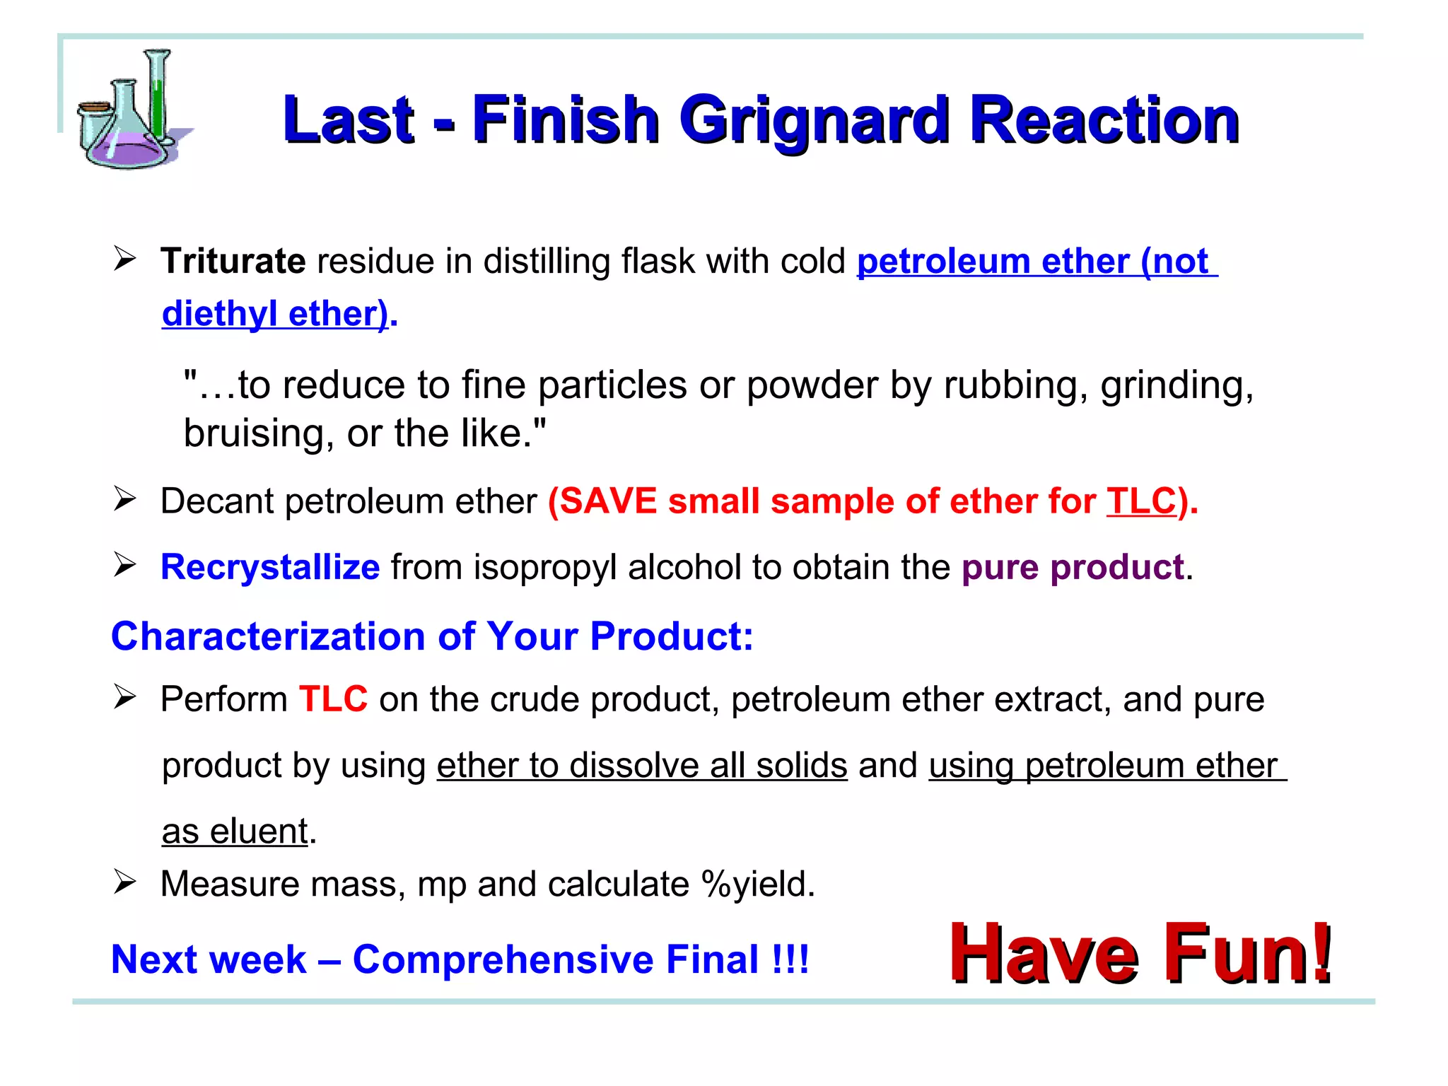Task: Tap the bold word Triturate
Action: pyautogui.click(x=233, y=261)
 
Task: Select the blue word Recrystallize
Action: pyautogui.click(x=270, y=567)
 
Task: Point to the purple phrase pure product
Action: pyautogui.click(x=1072, y=567)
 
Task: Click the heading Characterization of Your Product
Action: pyautogui.click(x=432, y=636)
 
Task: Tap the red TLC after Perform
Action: pyautogui.click(x=333, y=699)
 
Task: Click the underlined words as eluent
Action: pyautogui.click(x=235, y=831)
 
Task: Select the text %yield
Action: pyautogui.click(x=757, y=884)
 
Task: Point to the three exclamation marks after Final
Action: pyautogui.click(x=790, y=959)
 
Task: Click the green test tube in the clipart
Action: pyautogui.click(x=158, y=99)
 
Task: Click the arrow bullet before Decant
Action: pyautogui.click(x=124, y=499)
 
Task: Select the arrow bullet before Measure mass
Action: pyautogui.click(x=124, y=882)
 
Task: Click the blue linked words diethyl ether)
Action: pyautogui.click(x=275, y=313)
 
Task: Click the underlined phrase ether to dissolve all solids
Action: pyautogui.click(x=641, y=765)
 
